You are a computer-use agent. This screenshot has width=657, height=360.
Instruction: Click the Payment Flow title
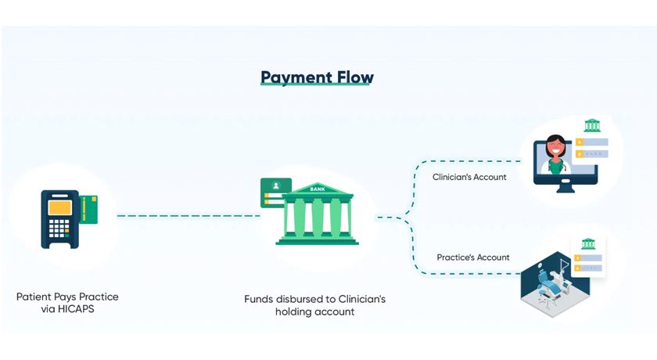click(317, 77)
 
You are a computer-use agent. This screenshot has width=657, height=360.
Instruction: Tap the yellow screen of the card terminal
click(60, 208)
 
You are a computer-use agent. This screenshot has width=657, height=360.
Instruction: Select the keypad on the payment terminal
click(59, 229)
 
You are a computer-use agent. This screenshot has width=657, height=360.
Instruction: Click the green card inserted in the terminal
click(89, 210)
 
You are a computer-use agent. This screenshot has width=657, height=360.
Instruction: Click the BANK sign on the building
click(318, 189)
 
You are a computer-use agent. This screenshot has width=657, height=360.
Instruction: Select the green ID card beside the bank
click(275, 192)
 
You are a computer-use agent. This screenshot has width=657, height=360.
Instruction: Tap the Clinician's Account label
click(469, 178)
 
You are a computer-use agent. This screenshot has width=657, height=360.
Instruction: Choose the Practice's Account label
click(473, 257)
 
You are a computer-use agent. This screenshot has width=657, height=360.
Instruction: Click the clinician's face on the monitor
click(555, 147)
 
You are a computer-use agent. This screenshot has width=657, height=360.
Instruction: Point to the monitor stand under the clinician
click(565, 188)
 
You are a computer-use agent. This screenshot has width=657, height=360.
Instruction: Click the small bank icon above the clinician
click(592, 125)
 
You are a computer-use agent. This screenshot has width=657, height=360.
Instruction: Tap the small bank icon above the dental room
click(588, 244)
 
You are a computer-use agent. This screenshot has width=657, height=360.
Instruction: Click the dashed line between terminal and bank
click(188, 216)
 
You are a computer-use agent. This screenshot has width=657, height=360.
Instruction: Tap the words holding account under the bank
click(314, 311)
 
